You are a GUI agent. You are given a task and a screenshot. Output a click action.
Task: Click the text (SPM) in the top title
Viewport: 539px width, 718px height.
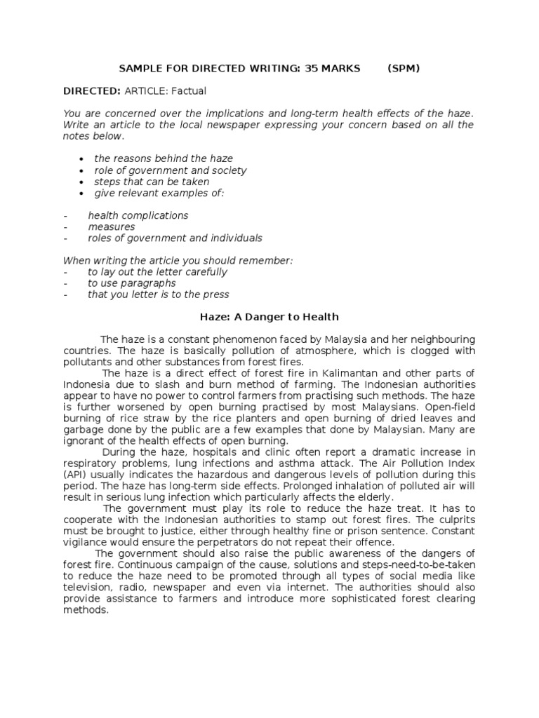tap(404, 68)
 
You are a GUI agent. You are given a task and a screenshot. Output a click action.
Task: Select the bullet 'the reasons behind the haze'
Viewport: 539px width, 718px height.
tap(164, 158)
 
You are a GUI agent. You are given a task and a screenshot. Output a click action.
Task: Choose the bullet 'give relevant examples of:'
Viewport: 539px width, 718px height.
tap(159, 192)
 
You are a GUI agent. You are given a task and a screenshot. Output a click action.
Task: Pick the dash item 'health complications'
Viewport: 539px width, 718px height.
tap(138, 215)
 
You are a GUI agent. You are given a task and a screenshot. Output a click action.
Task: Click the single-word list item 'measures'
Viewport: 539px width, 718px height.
tap(112, 226)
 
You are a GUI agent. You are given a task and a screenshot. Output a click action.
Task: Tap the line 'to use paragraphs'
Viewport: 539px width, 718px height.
tap(131, 283)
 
